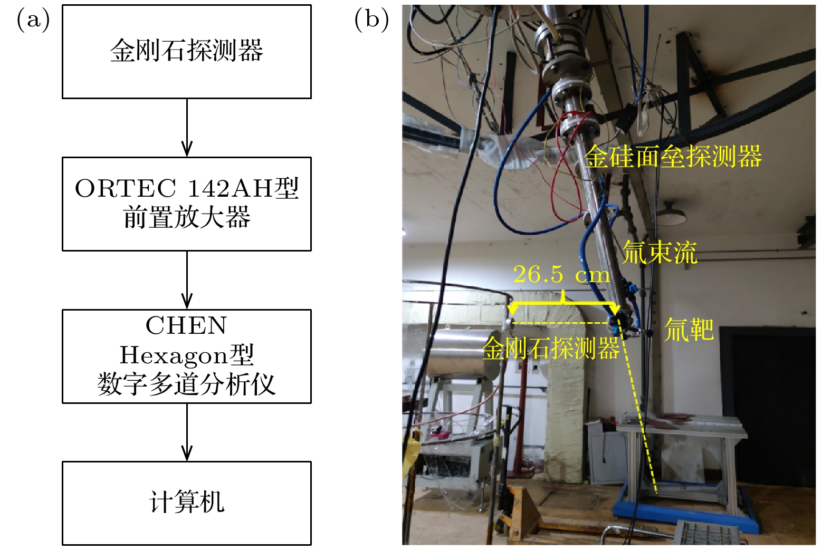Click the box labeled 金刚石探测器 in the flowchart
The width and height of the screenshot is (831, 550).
(186, 52)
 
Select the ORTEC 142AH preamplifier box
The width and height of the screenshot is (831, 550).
(186, 204)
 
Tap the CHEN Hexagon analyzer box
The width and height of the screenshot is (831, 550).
(186, 356)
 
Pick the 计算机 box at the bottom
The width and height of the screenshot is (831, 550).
(186, 503)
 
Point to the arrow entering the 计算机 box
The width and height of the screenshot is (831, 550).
(187, 432)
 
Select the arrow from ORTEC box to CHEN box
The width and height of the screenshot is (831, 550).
(187, 280)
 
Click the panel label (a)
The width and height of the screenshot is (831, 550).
(33, 20)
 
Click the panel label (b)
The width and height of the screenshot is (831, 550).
(371, 20)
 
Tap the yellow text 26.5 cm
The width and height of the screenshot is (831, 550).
(561, 274)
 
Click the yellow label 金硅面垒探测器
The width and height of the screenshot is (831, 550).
(673, 157)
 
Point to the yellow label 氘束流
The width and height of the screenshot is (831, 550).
(660, 252)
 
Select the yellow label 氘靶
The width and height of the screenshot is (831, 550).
(689, 330)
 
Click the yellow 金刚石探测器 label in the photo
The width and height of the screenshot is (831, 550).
(551, 349)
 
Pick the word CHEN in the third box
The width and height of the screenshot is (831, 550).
(186, 326)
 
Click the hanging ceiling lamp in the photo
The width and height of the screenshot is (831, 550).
(671, 214)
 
